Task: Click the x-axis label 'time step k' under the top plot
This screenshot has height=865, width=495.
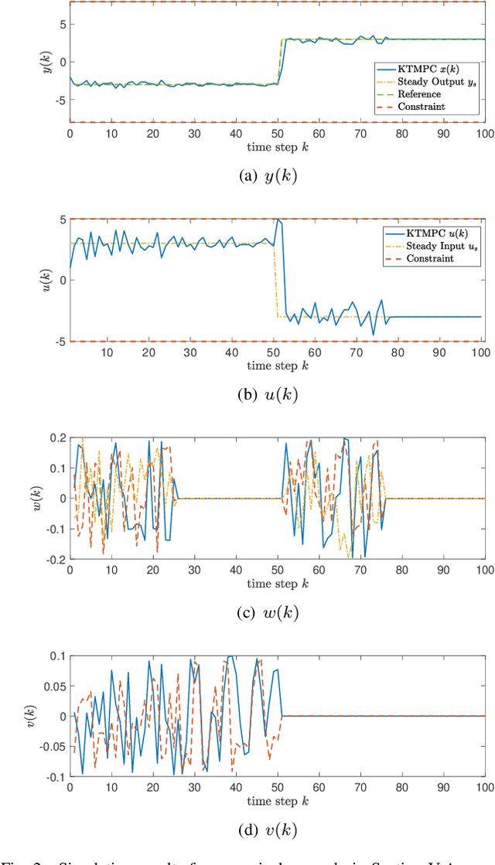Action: click(x=276, y=146)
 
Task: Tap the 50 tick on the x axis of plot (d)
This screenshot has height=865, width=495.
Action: click(x=277, y=788)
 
